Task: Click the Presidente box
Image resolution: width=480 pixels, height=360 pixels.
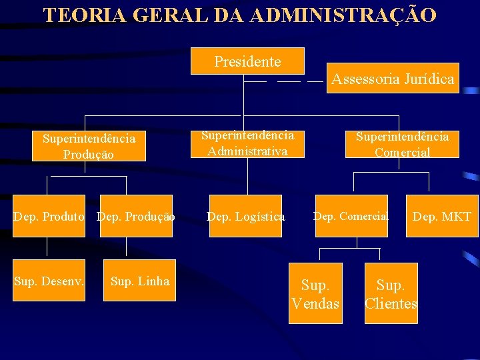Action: coord(247,61)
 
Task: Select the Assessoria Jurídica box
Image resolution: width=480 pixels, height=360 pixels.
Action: coord(393,79)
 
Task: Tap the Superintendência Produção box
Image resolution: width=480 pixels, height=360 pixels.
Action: coord(89,146)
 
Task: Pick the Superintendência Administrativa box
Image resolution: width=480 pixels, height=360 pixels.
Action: coord(247,143)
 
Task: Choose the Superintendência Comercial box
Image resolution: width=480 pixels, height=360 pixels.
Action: coord(402,144)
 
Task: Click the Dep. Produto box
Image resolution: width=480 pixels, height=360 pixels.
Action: coord(49,216)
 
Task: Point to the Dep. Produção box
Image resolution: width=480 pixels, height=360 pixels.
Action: coord(136,216)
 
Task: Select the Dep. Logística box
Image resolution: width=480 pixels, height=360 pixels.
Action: coord(246,216)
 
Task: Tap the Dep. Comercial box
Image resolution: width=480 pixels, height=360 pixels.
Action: coord(351,216)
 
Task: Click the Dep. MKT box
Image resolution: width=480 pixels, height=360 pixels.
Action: coord(443,216)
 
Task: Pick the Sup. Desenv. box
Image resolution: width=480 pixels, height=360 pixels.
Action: coord(49,281)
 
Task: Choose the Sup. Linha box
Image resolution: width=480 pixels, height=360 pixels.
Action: coord(140,281)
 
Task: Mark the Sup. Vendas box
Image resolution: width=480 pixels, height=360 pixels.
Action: coord(315,294)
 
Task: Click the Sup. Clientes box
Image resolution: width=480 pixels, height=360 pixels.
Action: coord(391,294)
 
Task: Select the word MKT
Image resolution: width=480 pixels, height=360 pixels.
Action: coord(457,216)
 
